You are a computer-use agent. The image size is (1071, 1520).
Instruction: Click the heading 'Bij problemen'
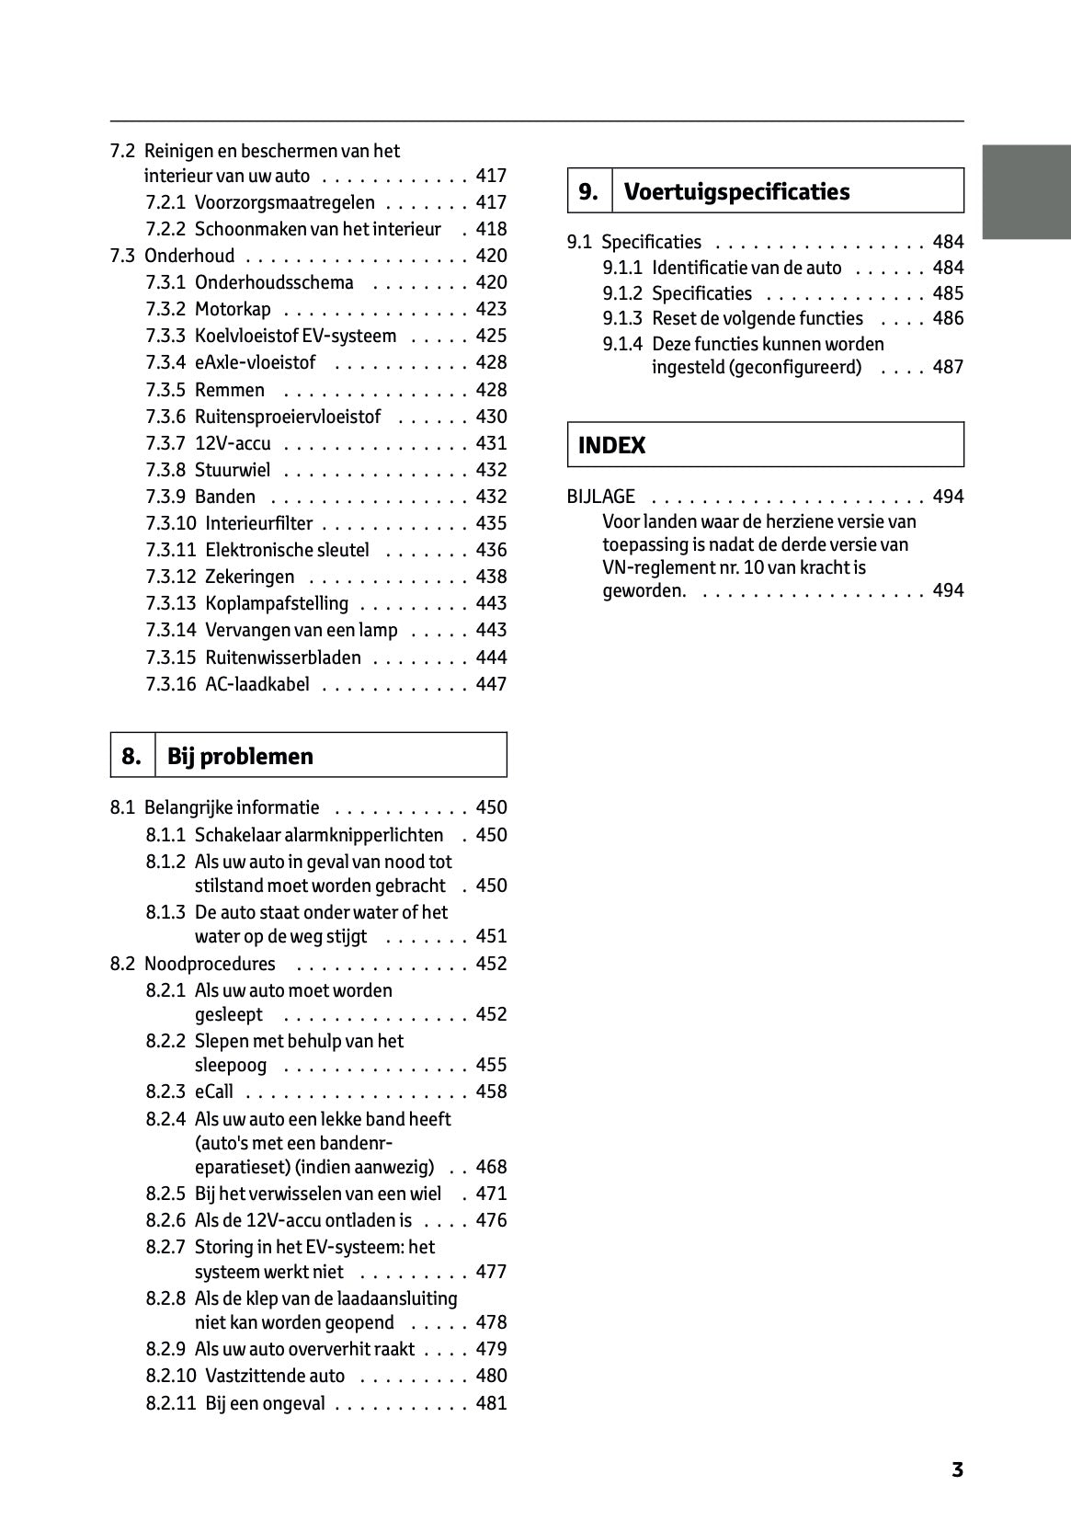[240, 756]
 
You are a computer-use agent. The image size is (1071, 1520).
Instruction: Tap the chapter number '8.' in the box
[131, 756]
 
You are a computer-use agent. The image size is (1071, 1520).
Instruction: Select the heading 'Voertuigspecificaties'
[736, 191]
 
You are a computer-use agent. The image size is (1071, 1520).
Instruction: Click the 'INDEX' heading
[611, 445]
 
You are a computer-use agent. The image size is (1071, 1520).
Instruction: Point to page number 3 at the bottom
[957, 1469]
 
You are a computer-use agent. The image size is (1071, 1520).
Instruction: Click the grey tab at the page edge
[1026, 191]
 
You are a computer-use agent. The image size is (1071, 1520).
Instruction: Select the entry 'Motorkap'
[233, 309]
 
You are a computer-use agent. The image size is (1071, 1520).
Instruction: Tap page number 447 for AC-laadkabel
[491, 684]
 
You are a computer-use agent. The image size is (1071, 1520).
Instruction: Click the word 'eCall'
[214, 1091]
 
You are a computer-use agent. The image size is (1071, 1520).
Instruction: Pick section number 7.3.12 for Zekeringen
[171, 577]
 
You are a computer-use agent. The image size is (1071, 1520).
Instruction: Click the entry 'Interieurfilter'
[258, 523]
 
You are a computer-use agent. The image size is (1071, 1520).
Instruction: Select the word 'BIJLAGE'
[600, 497]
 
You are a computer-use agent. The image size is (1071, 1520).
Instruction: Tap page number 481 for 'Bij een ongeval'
[491, 1403]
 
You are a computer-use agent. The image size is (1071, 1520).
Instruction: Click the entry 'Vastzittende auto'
[275, 1376]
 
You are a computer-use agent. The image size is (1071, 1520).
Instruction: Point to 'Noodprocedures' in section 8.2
[210, 964]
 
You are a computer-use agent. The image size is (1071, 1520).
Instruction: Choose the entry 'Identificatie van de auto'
[746, 268]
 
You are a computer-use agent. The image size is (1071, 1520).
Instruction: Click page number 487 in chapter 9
[948, 367]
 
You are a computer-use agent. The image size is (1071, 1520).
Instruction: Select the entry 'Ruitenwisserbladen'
[283, 657]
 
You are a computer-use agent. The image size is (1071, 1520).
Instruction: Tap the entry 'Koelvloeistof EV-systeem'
[295, 336]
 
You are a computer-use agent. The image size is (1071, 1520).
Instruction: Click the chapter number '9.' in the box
[588, 191]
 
